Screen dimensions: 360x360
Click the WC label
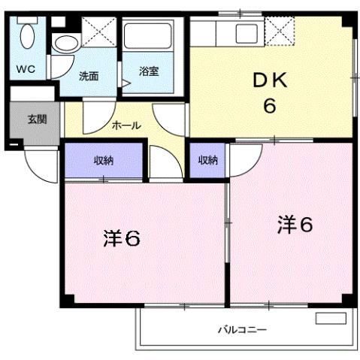pos(26,69)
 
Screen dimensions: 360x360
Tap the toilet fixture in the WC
pos(27,38)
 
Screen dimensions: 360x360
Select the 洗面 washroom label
pos(89,75)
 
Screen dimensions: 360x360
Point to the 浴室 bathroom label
pos(149,71)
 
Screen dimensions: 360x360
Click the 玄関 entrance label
pos(36,119)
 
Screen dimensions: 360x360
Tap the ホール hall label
pos(126,126)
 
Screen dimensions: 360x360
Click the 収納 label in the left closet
pos(103,159)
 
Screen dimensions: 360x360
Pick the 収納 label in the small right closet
pos(207,159)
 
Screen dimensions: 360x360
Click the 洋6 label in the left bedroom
pos(122,239)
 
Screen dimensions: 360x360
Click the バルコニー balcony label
pos(243,329)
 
